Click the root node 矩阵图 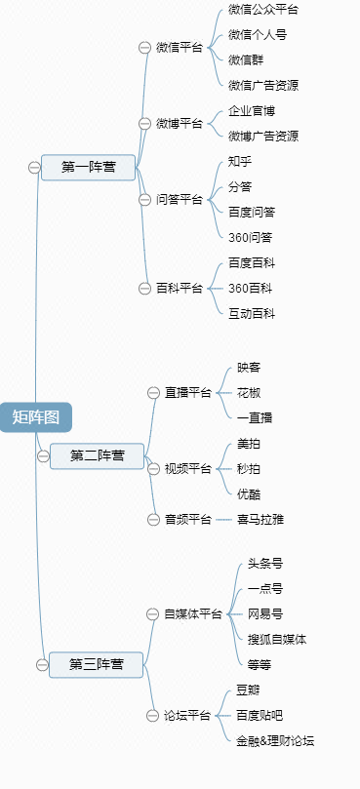[x=35, y=417]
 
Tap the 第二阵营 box [x=97, y=455]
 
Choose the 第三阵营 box [x=96, y=664]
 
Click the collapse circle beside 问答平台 [x=145, y=200]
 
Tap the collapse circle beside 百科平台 [x=145, y=288]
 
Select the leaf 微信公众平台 [x=263, y=10]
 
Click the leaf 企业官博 [x=252, y=111]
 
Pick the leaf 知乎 [x=240, y=161]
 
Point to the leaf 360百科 [x=251, y=288]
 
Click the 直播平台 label [x=187, y=393]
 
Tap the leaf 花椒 [x=249, y=392]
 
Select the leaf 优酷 [x=249, y=493]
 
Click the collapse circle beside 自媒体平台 [x=153, y=613]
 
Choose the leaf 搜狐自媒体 [x=277, y=640]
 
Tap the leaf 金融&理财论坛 [x=275, y=741]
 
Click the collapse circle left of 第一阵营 [x=34, y=168]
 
